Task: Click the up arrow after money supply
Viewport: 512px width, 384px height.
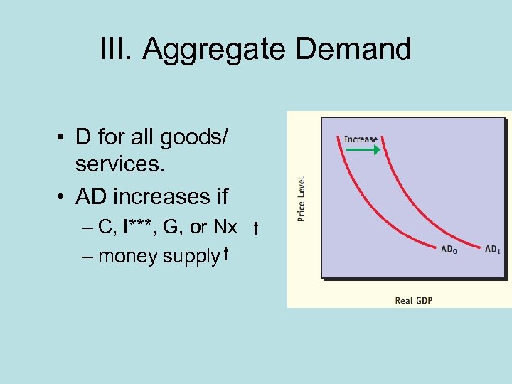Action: pyautogui.click(x=225, y=254)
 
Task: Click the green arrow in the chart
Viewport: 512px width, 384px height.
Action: pyautogui.click(x=363, y=151)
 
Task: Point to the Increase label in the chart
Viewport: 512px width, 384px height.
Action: pyautogui.click(x=361, y=139)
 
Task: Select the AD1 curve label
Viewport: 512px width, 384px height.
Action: pyautogui.click(x=492, y=250)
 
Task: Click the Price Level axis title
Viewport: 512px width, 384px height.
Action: pyautogui.click(x=302, y=198)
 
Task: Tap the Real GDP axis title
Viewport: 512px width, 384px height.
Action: pyautogui.click(x=414, y=300)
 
